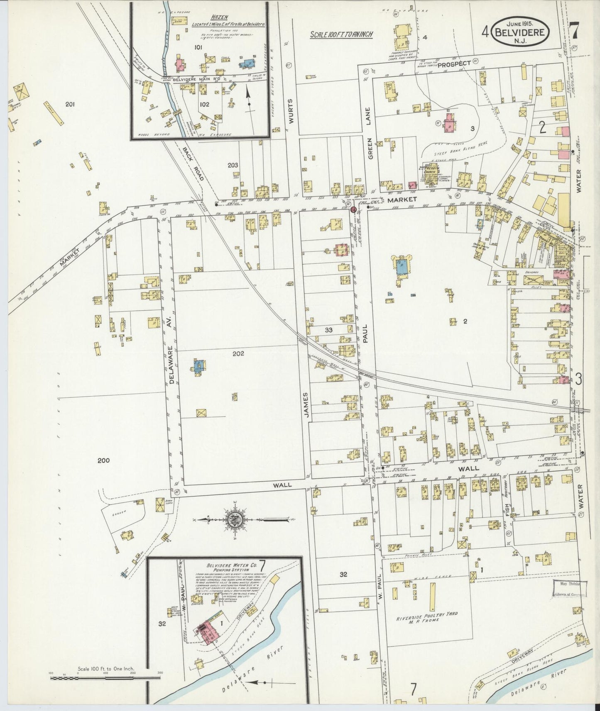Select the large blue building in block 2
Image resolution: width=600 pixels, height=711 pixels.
[x=402, y=265]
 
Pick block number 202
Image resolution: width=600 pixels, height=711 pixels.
[x=238, y=354]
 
